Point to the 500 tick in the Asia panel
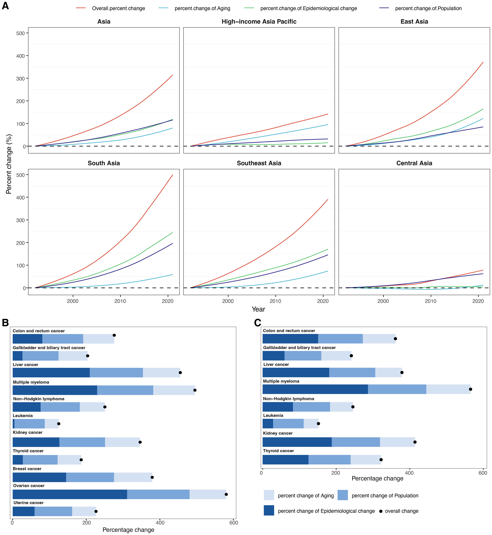[21, 33]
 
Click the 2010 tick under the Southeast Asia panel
[275, 301]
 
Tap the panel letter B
[5, 323]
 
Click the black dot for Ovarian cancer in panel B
[226, 494]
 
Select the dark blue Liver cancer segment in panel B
[51, 372]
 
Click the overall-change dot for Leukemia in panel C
[318, 424]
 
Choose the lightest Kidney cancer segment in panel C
[397, 442]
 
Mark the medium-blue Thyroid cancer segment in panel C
[329, 460]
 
